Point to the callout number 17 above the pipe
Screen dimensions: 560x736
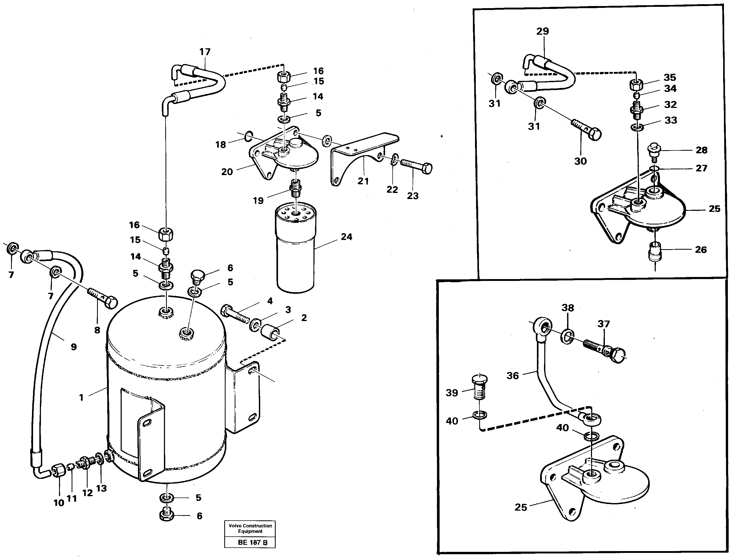(205, 52)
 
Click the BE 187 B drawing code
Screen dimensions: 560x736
(252, 542)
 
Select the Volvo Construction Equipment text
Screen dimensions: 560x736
(250, 528)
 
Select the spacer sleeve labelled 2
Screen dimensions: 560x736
(270, 333)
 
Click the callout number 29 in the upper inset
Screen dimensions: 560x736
(542, 31)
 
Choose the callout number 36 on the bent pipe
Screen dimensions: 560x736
(513, 376)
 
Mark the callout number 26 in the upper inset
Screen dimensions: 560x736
(701, 250)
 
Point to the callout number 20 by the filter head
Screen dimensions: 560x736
(227, 172)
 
